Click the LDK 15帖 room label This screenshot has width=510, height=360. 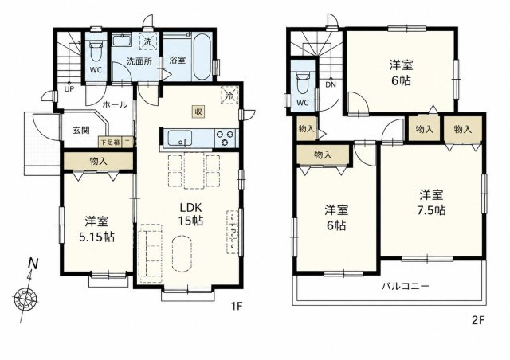[191, 213]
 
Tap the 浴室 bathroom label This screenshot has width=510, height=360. [178, 61]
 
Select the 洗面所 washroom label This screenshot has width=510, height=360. [139, 61]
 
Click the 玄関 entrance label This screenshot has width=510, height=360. [81, 131]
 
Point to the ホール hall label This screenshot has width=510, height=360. [115, 104]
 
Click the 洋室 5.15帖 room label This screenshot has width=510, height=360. [96, 229]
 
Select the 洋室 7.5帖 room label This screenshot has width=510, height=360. [431, 202]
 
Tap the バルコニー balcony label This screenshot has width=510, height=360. [406, 287]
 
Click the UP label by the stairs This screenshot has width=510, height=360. [69, 88]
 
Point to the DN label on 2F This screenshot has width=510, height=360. [331, 85]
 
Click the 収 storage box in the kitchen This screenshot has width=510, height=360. [198, 112]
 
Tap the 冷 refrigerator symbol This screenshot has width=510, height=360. [229, 96]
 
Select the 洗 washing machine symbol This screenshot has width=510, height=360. [148, 41]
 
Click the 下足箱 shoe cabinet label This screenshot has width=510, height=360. [110, 142]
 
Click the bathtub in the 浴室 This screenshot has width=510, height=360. [202, 57]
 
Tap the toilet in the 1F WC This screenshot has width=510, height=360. [96, 52]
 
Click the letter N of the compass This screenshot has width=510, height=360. [33, 263]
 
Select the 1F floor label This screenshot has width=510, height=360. [237, 306]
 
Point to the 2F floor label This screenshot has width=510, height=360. [478, 321]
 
